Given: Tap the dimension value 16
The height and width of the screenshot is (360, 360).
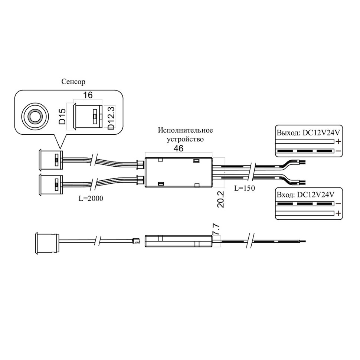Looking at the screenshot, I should point(88,95).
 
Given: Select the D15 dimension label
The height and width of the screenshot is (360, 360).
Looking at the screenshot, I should point(62,117).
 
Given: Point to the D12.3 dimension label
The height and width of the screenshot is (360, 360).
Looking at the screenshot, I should point(110,117).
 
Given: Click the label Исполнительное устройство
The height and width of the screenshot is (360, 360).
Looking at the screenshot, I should point(185,135).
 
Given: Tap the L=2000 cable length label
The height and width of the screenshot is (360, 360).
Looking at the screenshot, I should point(91,199).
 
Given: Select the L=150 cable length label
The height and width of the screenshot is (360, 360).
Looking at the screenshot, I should point(245,188).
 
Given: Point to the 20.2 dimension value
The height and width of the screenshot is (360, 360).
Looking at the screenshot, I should point(220,200).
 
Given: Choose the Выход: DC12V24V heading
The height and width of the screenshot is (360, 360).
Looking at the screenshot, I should point(308,133).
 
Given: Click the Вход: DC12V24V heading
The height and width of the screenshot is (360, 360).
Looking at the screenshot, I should point(305,194).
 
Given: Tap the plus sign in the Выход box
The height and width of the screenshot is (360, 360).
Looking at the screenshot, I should point(338,142).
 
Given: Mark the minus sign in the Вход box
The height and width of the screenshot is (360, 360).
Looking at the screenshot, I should point(338,204).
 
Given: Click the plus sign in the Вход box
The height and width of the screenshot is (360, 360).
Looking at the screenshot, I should point(338,213).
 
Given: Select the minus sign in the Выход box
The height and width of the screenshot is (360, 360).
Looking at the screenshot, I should point(338,151).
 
